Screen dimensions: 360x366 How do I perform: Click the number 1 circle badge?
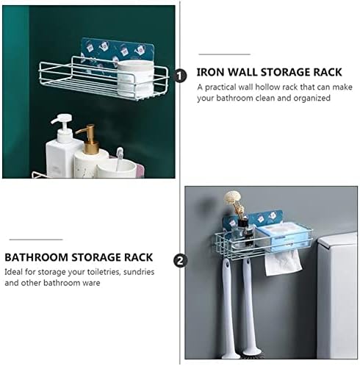tap(181, 76)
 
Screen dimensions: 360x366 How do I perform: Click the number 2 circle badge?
tap(180, 260)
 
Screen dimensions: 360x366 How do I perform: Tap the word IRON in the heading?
tap(210, 72)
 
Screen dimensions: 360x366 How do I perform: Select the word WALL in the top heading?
tap(242, 72)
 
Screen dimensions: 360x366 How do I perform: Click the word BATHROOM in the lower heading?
tap(36, 257)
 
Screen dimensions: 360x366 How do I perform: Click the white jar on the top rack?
tap(135, 79)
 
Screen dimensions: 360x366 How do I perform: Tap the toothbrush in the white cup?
tap(119, 159)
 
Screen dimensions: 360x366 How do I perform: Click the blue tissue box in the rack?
tap(284, 237)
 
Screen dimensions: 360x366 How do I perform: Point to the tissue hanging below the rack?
tap(283, 263)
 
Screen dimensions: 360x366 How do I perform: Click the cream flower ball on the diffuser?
tap(232, 198)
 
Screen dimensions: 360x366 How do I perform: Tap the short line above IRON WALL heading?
tap(224, 54)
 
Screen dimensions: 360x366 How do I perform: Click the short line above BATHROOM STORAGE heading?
tap(36, 240)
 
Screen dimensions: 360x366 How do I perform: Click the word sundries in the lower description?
tap(139, 272)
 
